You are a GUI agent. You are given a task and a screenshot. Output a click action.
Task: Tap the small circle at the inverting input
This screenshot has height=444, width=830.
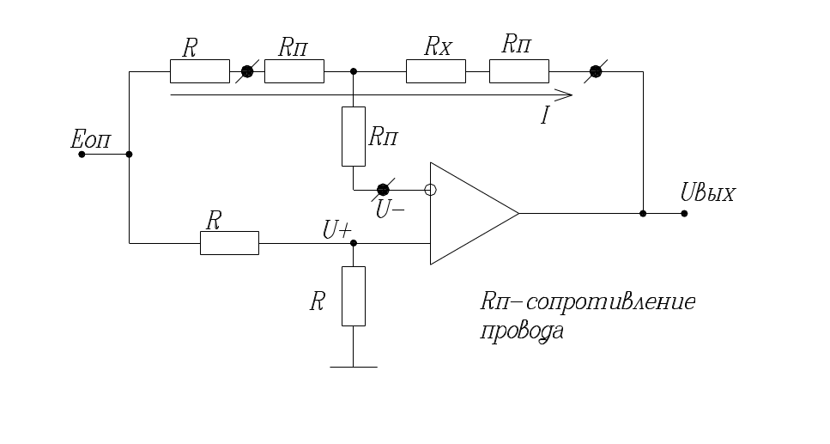click(431, 190)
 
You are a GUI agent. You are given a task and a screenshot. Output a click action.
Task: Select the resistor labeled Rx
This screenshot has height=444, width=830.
click(435, 71)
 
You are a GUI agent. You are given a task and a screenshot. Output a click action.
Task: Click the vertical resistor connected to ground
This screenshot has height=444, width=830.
click(354, 296)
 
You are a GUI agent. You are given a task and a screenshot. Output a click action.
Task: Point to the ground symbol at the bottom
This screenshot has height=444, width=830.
click(354, 367)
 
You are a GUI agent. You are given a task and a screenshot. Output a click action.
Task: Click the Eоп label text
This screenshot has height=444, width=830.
click(91, 140)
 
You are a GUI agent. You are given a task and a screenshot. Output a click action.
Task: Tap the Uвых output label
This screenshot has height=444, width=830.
click(706, 193)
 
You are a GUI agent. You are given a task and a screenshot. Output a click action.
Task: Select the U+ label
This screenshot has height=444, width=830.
click(336, 230)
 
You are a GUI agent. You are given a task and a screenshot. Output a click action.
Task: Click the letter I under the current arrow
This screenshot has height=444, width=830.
click(544, 115)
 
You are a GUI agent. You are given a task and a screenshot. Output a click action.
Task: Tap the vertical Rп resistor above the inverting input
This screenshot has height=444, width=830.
click(354, 136)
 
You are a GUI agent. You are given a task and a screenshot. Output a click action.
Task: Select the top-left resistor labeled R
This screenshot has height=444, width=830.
click(200, 71)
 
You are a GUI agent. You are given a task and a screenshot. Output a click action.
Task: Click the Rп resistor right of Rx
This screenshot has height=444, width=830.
click(518, 71)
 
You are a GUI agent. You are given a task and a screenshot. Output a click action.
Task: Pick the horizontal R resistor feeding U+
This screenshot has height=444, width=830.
click(229, 243)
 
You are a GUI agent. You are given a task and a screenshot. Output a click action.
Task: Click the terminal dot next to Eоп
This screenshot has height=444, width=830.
click(82, 155)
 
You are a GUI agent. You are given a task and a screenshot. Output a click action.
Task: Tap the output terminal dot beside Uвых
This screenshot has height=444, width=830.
click(684, 213)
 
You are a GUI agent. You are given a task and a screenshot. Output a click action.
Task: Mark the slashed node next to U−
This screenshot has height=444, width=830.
click(384, 190)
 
